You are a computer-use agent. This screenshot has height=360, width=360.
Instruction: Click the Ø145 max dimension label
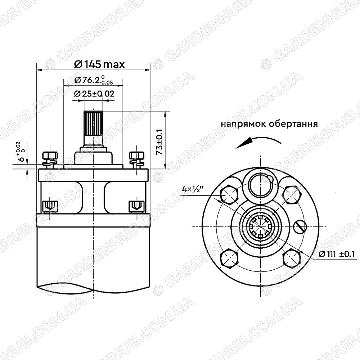(99, 64)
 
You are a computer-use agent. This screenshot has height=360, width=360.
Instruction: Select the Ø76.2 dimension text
(94, 80)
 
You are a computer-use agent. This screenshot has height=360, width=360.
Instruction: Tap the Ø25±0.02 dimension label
(94, 94)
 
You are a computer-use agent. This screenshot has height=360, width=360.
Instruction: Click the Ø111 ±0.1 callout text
(337, 254)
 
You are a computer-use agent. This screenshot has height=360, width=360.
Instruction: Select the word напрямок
(244, 124)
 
